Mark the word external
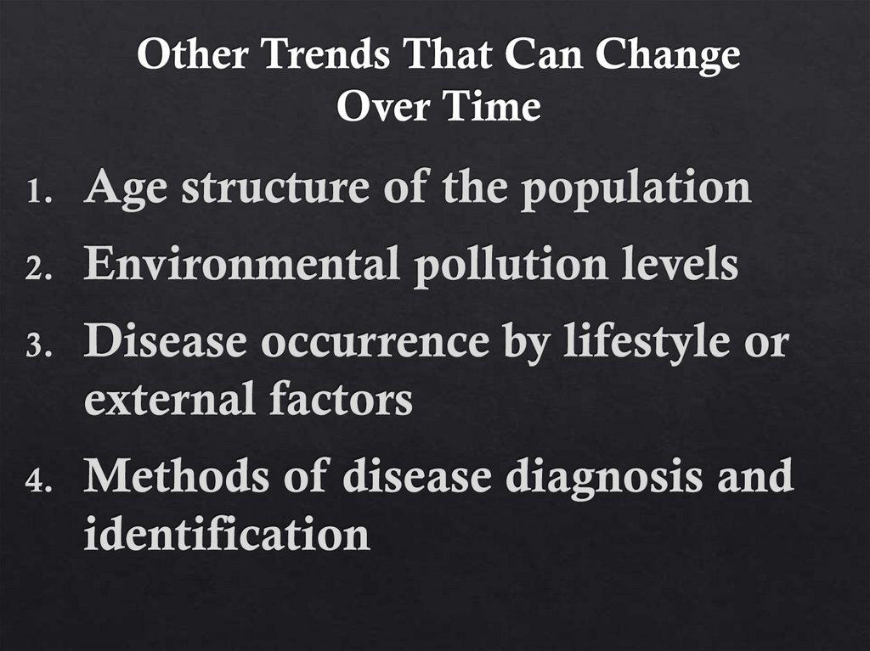tap(168, 399)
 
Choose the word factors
tap(342, 399)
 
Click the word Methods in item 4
tap(179, 477)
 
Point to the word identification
tap(227, 535)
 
